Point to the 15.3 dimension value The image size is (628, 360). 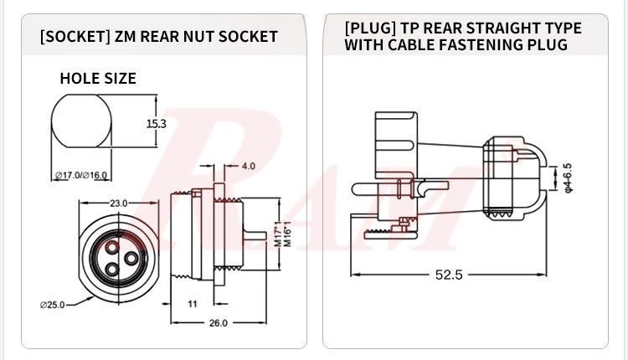157,123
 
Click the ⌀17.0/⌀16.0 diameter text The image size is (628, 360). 81,175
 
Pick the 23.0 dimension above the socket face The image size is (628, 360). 117,203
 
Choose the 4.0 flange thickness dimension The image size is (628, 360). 248,166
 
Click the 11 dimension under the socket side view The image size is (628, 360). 192,304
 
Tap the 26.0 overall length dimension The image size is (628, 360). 218,323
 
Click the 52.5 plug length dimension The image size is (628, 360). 449,275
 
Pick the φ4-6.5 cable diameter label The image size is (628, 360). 568,177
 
